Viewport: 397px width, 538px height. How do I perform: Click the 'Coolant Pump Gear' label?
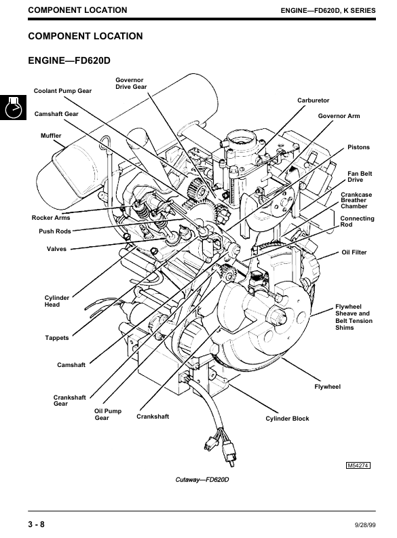coord(62,91)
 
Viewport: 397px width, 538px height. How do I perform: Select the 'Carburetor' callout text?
coord(313,100)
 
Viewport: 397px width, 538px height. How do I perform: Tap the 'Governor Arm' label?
coord(339,116)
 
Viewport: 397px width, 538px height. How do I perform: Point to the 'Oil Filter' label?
coord(354,252)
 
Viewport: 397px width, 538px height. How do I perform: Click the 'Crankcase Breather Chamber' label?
coord(356,200)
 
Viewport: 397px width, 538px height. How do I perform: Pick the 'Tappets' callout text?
coord(56,338)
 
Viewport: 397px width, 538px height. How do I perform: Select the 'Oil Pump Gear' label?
coord(108,414)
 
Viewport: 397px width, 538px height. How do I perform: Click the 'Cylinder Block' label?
coord(287,419)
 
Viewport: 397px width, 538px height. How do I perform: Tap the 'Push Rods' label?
coord(54,231)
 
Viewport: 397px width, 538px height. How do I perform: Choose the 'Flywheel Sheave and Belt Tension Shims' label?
coord(354,317)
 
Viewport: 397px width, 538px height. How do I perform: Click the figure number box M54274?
coord(358,465)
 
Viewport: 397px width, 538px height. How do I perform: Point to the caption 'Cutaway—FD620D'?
coord(202,480)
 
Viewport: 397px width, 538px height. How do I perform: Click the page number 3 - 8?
coord(36,524)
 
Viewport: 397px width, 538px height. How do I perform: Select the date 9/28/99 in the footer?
coord(365,525)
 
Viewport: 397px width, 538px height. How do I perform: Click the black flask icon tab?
coord(13,107)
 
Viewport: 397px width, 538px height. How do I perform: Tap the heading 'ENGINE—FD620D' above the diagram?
coord(69,61)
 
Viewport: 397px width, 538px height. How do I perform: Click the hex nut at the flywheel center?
coord(278,317)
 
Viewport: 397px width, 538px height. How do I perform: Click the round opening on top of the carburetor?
coord(241,138)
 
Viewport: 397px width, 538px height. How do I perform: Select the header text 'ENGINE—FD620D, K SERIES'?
coord(328,11)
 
